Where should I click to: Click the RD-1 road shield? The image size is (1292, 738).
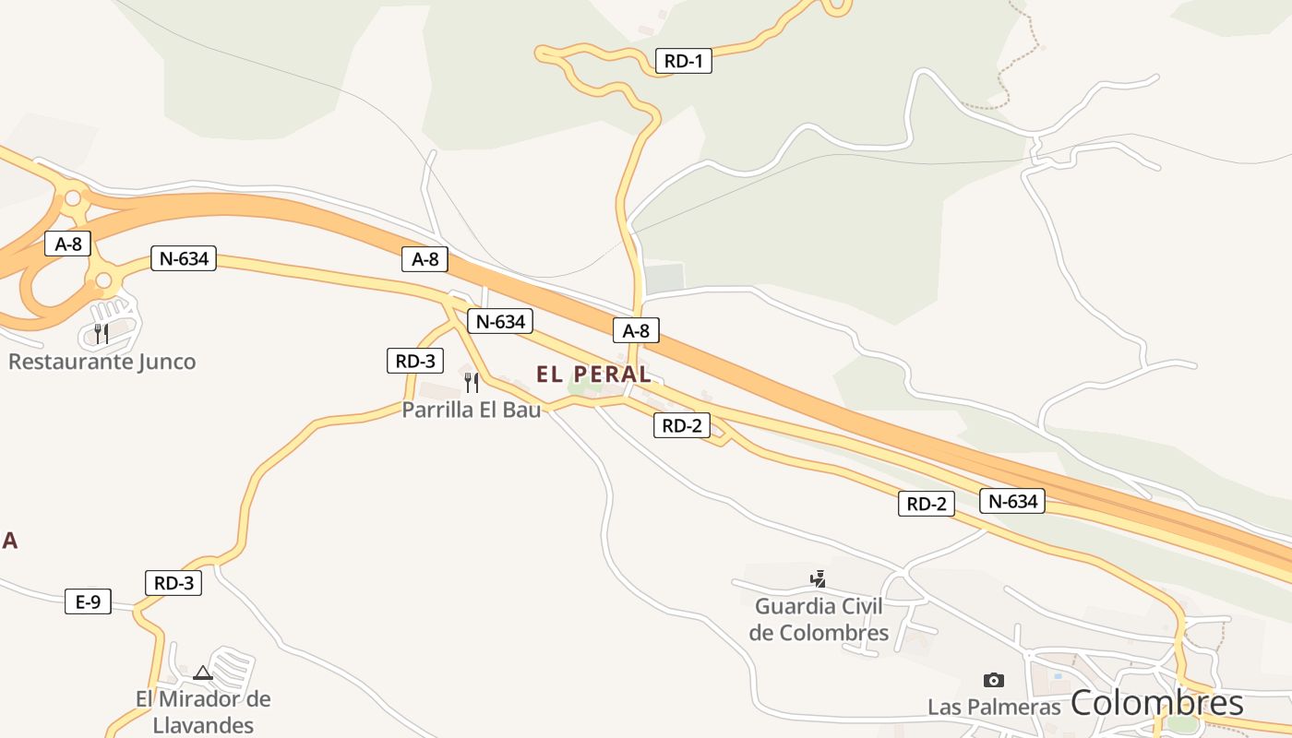(x=684, y=62)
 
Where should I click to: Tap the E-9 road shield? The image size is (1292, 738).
(x=88, y=602)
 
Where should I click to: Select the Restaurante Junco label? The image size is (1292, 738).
(x=102, y=362)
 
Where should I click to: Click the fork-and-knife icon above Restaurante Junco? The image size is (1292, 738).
(x=102, y=333)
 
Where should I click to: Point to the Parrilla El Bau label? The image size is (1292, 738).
(x=472, y=410)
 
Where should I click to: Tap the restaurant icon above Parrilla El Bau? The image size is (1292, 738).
(x=472, y=382)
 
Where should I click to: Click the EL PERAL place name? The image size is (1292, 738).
(x=593, y=375)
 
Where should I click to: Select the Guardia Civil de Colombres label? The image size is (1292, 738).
(x=819, y=620)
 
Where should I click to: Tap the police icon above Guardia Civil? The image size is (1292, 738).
(x=818, y=579)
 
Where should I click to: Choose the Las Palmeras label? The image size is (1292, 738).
(x=994, y=707)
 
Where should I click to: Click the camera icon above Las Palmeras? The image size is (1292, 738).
(x=994, y=680)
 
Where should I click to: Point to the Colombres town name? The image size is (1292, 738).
(x=1157, y=703)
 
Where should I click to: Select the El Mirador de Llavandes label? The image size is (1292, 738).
(x=204, y=711)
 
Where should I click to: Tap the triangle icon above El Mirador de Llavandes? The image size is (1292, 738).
(x=203, y=673)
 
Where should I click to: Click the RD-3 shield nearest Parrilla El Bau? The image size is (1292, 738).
(x=415, y=361)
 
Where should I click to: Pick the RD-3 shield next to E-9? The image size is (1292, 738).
(x=173, y=583)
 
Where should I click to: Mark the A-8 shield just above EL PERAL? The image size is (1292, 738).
(x=636, y=330)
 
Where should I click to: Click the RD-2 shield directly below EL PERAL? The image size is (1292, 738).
(x=682, y=425)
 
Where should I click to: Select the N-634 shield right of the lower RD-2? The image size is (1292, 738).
(x=1012, y=501)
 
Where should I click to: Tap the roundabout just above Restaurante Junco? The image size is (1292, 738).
(x=103, y=280)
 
